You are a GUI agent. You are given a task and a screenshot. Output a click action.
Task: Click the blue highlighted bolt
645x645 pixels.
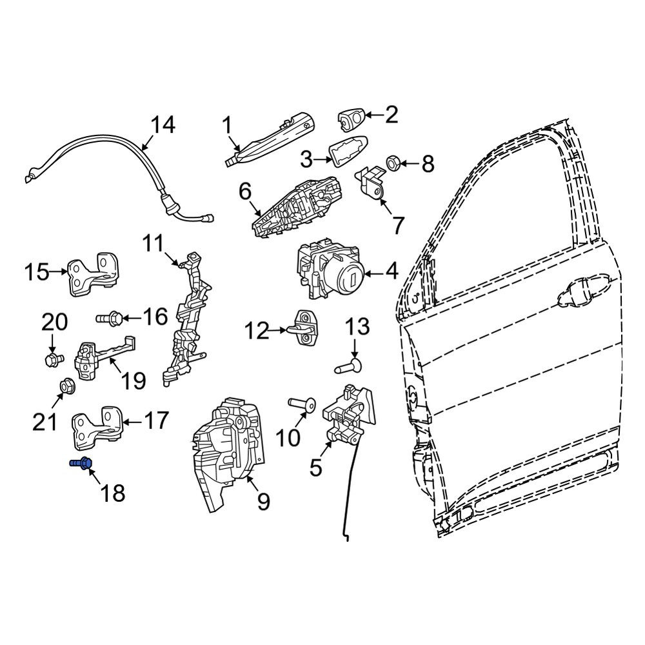click(81, 464)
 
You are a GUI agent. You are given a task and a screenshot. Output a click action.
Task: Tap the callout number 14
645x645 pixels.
click(163, 124)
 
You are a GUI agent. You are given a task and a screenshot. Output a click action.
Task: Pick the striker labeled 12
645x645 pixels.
click(305, 329)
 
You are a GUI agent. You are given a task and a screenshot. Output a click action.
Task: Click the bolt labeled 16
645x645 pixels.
click(108, 318)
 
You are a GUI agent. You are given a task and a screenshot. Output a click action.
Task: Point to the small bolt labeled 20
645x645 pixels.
click(54, 360)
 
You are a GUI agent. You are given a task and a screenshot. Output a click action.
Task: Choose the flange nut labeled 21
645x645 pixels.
click(66, 386)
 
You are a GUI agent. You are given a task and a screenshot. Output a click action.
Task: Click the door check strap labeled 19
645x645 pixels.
click(103, 357)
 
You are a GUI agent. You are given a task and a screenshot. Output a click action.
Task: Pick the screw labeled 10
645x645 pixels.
click(303, 404)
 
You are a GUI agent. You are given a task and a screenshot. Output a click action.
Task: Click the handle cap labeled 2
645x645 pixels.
click(351, 120)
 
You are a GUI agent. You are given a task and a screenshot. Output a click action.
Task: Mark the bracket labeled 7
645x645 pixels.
click(372, 179)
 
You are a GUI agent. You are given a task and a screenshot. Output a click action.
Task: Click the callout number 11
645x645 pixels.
click(153, 244)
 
